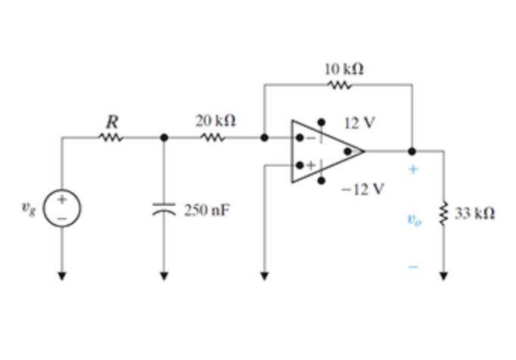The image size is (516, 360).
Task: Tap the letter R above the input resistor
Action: click(x=110, y=120)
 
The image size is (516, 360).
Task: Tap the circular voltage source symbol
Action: click(x=62, y=206)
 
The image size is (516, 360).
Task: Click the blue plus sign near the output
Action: click(x=412, y=169)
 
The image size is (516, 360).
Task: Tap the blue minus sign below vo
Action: click(x=412, y=265)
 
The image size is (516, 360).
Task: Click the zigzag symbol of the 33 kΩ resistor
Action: click(x=444, y=213)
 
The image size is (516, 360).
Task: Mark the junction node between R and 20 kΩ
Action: click(x=163, y=138)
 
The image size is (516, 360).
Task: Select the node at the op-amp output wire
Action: click(x=412, y=151)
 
